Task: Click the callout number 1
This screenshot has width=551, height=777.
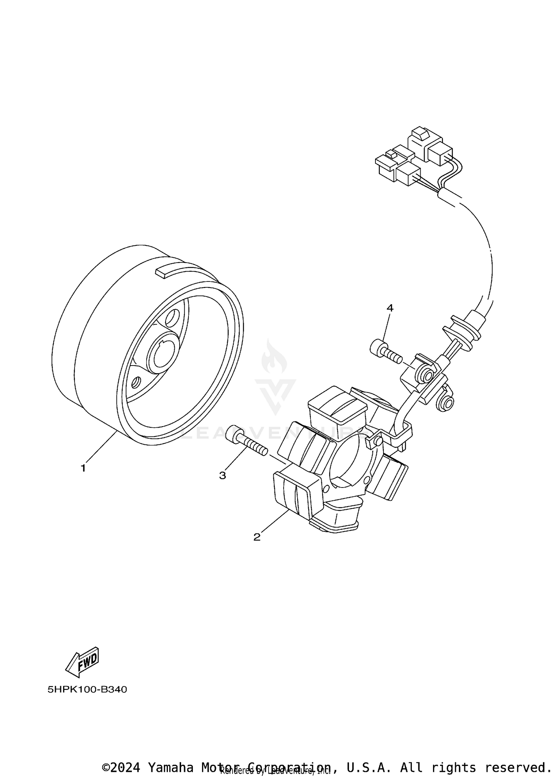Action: coord(83,468)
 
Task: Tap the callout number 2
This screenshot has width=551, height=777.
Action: coord(257,537)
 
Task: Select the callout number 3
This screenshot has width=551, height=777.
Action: coord(223,475)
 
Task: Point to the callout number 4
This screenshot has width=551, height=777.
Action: coord(390,308)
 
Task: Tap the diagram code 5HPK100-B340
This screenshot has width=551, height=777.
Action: coord(87,690)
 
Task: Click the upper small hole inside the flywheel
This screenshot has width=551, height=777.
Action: coord(172,318)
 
